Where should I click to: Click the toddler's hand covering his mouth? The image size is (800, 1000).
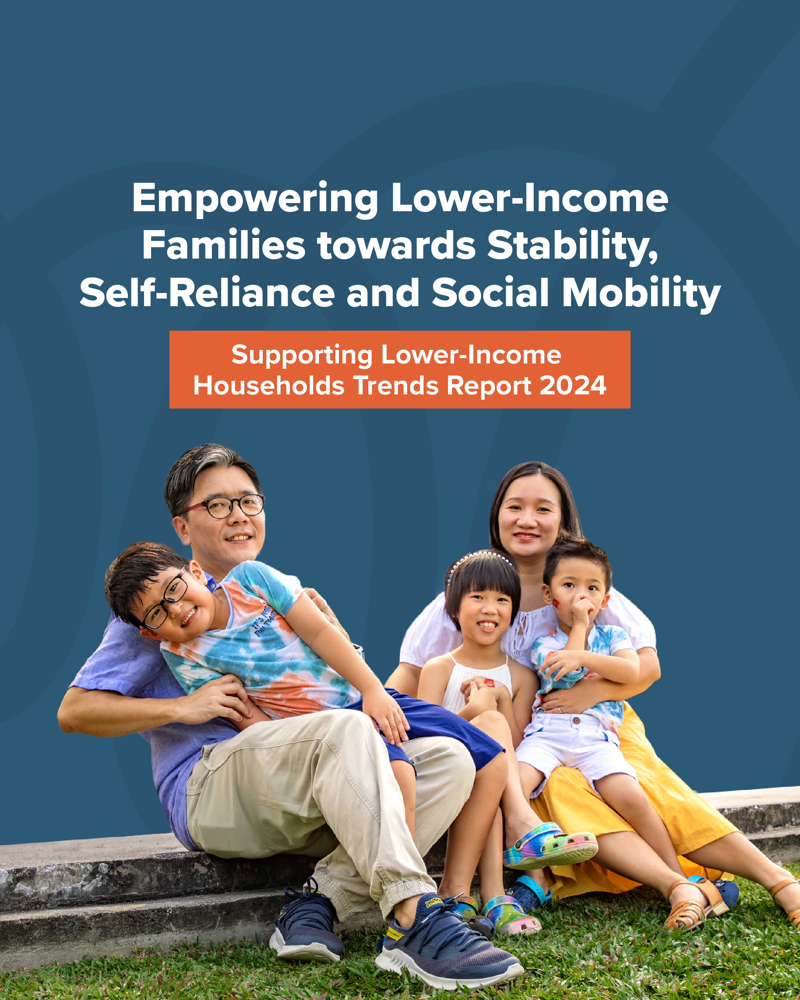click(x=581, y=610)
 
